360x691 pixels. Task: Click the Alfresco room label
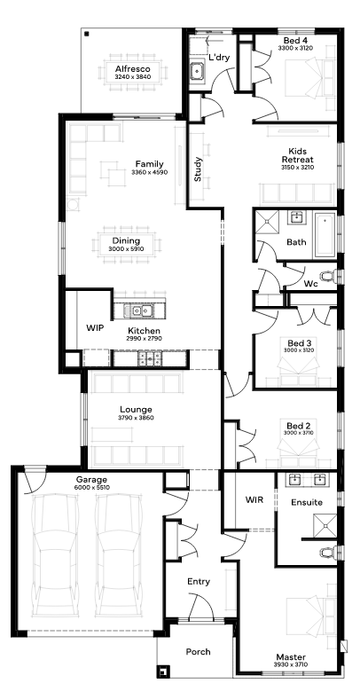coord(133,69)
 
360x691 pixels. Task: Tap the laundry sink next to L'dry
coord(197,70)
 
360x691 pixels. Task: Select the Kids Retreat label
coord(297,155)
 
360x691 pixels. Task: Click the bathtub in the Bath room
coord(325,234)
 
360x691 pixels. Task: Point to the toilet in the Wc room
coord(329,277)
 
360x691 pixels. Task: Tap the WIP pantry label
coord(94,328)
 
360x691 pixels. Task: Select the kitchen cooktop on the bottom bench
coord(149,358)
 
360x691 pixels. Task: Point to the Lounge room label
coord(136,410)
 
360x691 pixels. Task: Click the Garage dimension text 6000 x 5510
coord(92,487)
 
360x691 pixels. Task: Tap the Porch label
coord(198,652)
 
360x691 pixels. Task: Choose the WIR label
coord(254,499)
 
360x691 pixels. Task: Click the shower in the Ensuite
coord(325,525)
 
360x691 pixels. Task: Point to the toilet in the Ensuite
coord(329,553)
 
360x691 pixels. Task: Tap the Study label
coord(198,169)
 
